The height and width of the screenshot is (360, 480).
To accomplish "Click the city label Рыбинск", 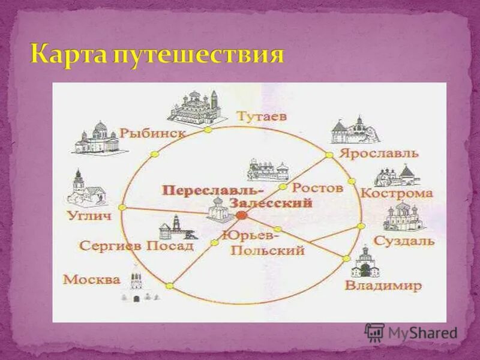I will point(152,133).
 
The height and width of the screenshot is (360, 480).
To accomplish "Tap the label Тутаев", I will point(261,115).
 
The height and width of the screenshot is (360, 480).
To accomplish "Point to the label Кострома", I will point(397,193).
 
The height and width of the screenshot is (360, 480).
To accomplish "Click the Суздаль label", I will point(404,241).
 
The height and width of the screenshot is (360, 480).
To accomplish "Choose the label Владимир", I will point(383,286).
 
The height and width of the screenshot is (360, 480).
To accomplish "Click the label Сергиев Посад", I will point(136,245).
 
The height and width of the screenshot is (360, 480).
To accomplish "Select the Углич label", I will point(88,215).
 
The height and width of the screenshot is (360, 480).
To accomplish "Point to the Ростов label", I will point(317,188).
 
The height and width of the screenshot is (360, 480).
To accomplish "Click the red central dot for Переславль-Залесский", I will point(241,214).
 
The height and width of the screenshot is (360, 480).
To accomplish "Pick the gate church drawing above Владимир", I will point(365,263).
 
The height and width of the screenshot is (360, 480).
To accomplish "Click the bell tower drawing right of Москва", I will point(136,286).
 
